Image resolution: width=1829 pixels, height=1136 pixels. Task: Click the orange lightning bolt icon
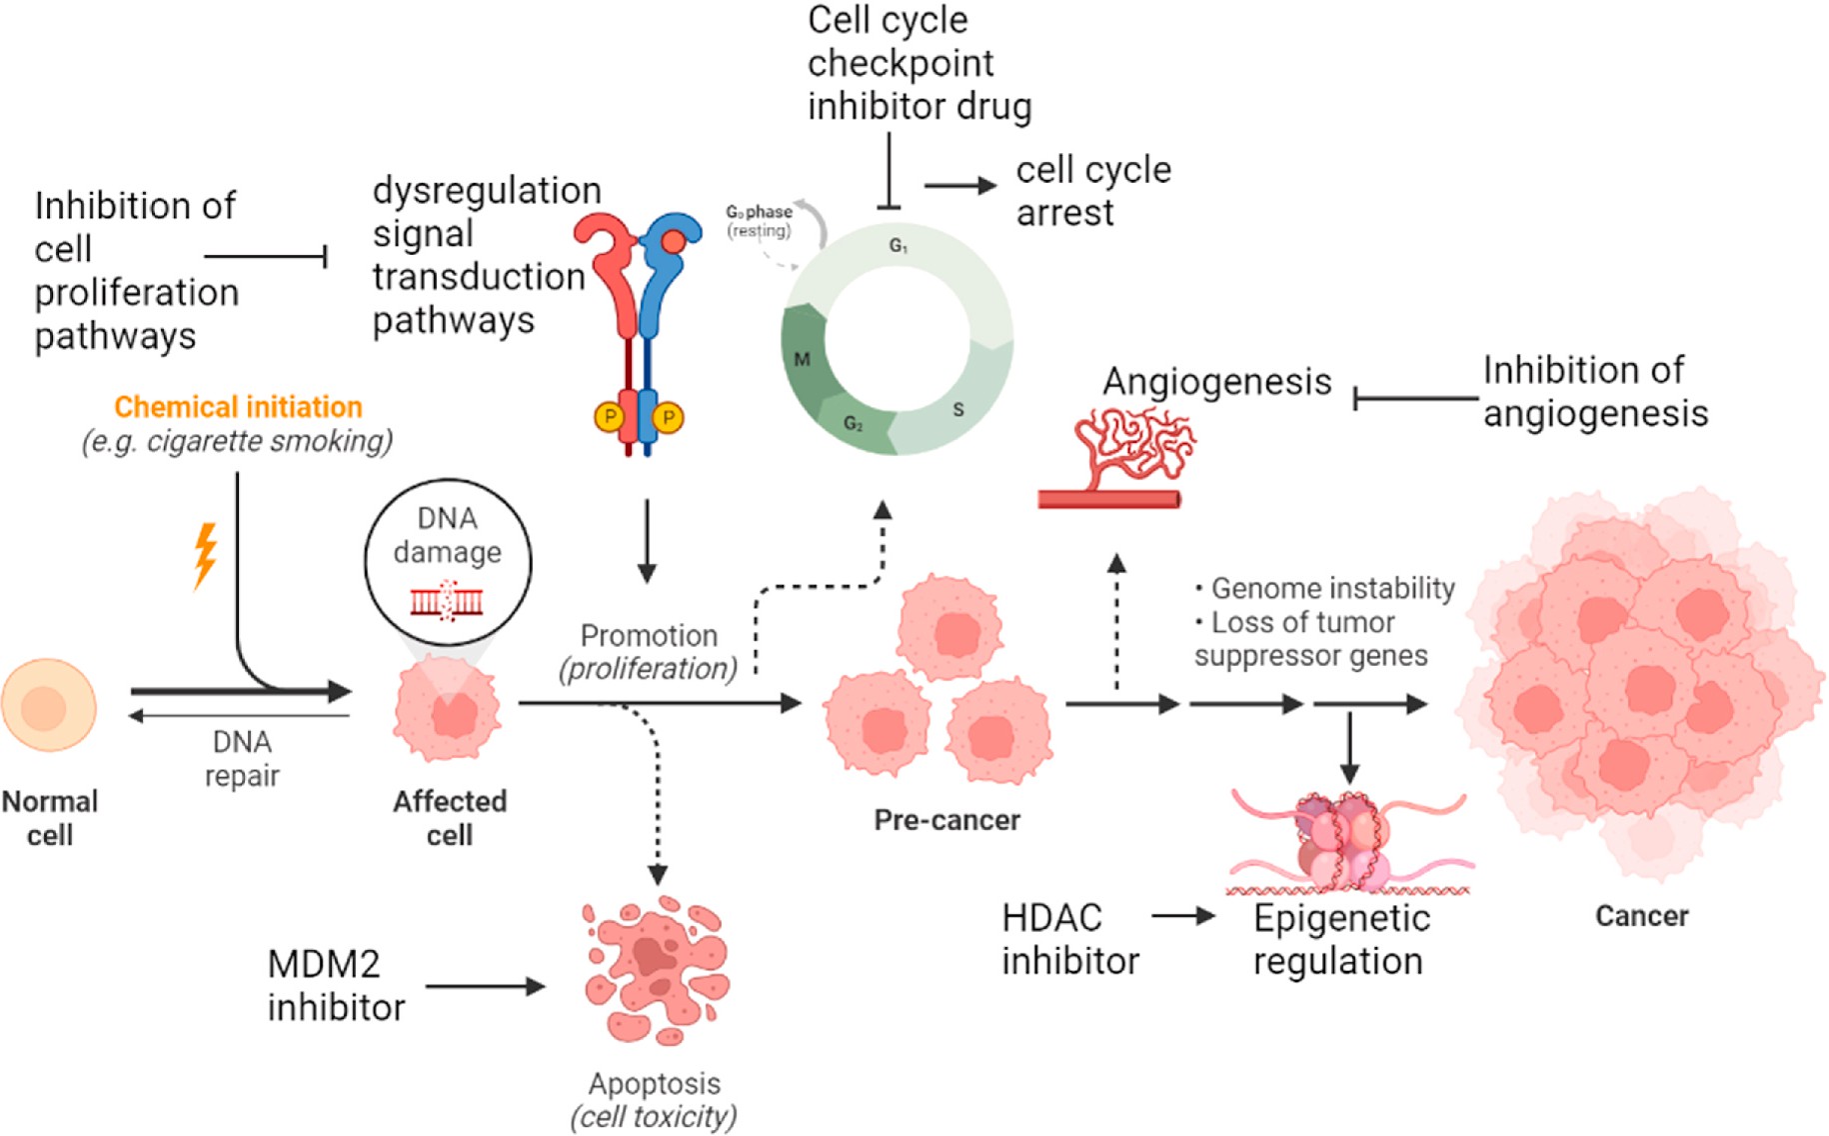[x=205, y=554]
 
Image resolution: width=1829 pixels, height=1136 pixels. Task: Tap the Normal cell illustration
[x=48, y=705]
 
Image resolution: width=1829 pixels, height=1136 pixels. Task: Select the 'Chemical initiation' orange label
[x=238, y=407]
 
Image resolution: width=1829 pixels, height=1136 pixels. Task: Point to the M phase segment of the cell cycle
[x=803, y=359]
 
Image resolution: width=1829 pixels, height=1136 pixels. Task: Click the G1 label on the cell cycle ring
[x=899, y=245]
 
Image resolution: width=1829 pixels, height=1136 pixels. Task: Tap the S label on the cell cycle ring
[x=957, y=409]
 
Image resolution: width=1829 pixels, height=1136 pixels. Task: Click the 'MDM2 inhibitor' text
[x=336, y=986]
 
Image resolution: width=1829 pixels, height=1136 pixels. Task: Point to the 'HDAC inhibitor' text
[x=1070, y=939]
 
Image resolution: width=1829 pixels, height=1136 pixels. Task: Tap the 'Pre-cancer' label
[x=946, y=820]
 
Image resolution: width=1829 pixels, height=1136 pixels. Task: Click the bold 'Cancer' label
[x=1641, y=916]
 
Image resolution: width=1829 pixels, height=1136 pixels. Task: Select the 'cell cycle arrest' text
[x=1092, y=191]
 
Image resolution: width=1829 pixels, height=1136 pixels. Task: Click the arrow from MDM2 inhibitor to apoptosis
[x=485, y=987]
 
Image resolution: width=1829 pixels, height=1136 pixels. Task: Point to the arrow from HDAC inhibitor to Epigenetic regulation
[x=1182, y=915]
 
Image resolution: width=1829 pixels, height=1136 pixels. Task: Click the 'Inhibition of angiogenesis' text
[x=1595, y=391]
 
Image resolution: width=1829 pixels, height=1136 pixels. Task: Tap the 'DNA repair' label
[x=242, y=758]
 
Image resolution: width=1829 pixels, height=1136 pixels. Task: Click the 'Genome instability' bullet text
[x=1331, y=588]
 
